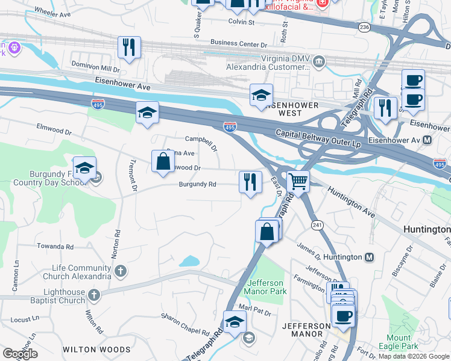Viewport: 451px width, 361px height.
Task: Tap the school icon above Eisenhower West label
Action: pos(261,95)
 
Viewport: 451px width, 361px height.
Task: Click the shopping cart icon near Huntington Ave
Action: pos(298,180)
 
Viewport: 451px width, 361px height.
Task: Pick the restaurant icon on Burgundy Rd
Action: pos(250,182)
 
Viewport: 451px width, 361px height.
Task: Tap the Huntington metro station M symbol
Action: pos(369,257)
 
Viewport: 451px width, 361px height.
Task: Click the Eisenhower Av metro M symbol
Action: pos(427,140)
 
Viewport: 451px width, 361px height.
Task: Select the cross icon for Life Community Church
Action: pos(121,272)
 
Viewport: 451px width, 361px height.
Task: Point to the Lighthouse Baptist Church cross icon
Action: pos(93,295)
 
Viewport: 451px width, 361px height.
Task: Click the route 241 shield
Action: pos(317,224)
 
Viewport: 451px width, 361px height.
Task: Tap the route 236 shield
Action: pos(364,27)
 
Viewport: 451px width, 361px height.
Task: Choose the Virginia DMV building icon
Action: pos(319,61)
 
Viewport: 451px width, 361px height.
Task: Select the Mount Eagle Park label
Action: pos(399,342)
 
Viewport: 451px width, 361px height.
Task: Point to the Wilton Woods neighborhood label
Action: pos(96,349)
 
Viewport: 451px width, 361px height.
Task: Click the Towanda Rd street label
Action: pos(55,247)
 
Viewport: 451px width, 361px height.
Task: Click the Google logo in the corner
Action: pos(20,354)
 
